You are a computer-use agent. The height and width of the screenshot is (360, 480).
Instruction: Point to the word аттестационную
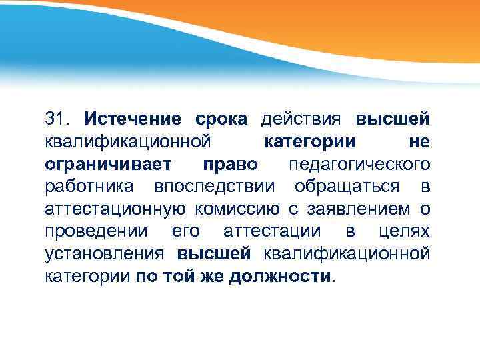click(115, 209)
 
